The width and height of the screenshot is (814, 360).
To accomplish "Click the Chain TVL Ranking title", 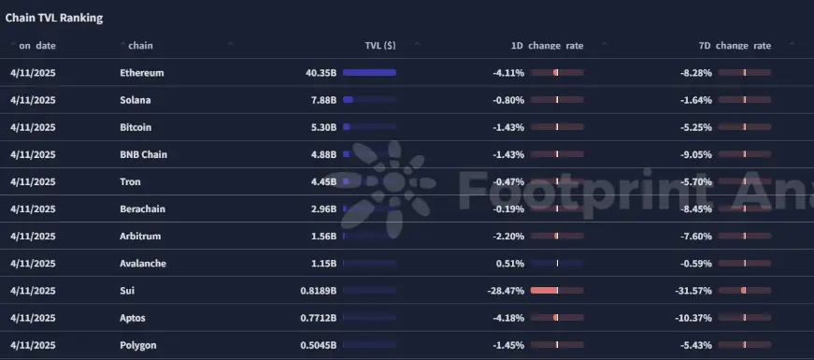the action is [54, 18].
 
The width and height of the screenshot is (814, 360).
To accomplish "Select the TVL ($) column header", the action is [380, 46].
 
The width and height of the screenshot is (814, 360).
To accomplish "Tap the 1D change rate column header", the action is [547, 46].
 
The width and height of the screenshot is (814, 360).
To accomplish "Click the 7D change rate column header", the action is [735, 46].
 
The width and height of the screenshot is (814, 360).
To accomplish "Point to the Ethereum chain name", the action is [142, 73].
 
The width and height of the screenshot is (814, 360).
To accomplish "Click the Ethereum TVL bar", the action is [370, 73].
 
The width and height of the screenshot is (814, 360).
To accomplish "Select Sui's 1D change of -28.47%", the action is [506, 291].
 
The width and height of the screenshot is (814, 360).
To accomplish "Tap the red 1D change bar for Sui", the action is [544, 291].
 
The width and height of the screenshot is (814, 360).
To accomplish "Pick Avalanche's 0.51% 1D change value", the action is [513, 264].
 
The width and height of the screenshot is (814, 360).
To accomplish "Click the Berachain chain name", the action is [142, 209].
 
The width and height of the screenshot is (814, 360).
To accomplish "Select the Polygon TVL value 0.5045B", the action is [319, 345].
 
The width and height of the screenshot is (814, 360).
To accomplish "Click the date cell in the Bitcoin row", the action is [33, 127].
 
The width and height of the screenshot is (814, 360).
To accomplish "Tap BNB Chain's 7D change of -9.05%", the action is [695, 154].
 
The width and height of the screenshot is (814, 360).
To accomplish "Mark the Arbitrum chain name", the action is [140, 237].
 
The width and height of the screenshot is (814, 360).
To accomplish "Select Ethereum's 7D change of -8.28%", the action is [695, 73].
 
